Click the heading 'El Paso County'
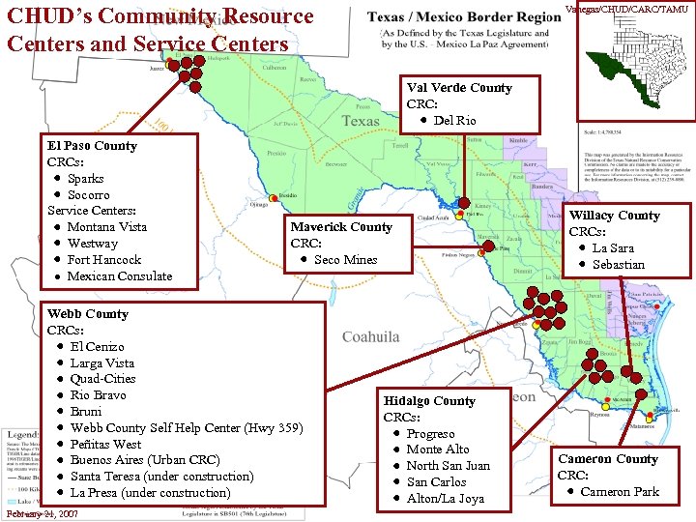coord(93,145)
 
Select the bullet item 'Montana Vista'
coord(106,227)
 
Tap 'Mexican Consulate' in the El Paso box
coord(119,276)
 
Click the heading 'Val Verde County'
coord(459,88)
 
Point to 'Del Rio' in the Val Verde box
coord(454,121)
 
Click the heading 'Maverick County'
coord(341,227)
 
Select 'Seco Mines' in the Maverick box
coord(345,260)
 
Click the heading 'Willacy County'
coord(614,216)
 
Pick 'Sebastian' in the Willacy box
coord(618,265)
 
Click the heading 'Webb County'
coord(87,314)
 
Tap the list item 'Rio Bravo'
coord(98,395)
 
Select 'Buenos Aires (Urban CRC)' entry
coord(145,460)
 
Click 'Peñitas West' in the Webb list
coord(105,444)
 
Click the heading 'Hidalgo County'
coord(429,401)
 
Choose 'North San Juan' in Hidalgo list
coord(448,466)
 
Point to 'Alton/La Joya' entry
coord(445,499)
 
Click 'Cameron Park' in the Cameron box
coord(620,492)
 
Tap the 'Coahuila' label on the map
coord(370,336)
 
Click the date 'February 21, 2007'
coord(43,515)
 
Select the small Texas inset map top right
coord(636,58)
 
